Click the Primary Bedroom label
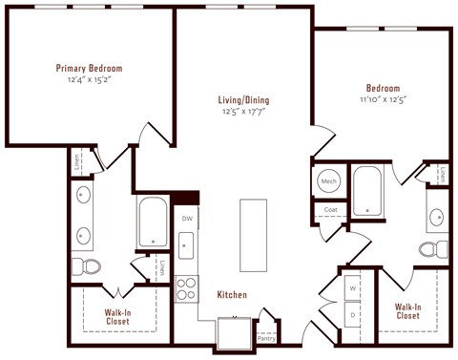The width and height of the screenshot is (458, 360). coord(89,68)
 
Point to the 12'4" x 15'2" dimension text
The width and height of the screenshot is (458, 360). coord(89,79)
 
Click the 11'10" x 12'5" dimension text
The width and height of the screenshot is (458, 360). coord(381,99)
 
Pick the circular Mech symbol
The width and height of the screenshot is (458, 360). coord(329,180)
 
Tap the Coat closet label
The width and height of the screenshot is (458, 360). coord(330,209)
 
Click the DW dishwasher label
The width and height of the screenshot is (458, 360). coord(187,219)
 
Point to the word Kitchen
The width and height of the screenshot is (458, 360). coord(232,295)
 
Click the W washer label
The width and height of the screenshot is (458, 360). coord(352,286)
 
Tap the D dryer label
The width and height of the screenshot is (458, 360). coord(352,314)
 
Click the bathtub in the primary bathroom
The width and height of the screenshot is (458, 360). coord(153,222)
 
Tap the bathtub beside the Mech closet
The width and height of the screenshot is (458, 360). coord(366,191)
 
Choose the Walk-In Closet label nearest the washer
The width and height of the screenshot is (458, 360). coord(407,310)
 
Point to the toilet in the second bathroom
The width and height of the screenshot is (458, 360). coord(431,249)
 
